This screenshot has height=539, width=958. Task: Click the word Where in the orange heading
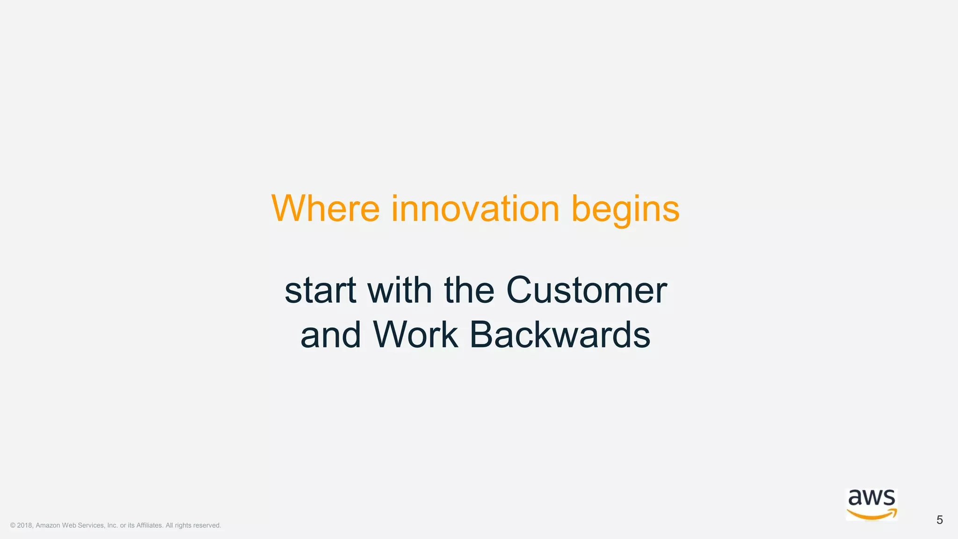click(326, 209)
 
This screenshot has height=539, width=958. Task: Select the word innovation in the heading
click(475, 209)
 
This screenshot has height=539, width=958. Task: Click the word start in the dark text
click(320, 291)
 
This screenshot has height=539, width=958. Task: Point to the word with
click(399, 291)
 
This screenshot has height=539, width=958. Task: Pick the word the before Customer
click(469, 291)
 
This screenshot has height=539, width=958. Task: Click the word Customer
click(586, 291)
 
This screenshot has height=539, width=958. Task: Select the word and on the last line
click(331, 335)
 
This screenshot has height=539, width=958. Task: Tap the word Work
click(415, 335)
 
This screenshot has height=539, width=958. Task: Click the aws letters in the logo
click(871, 498)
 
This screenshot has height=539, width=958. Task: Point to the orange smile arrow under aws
click(871, 514)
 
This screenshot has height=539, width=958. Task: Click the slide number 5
click(939, 520)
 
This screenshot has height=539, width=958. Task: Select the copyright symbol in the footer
click(13, 525)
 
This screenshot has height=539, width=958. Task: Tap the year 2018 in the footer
click(25, 525)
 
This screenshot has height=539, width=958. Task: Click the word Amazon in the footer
click(48, 525)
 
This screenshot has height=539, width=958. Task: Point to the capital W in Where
click(287, 209)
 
